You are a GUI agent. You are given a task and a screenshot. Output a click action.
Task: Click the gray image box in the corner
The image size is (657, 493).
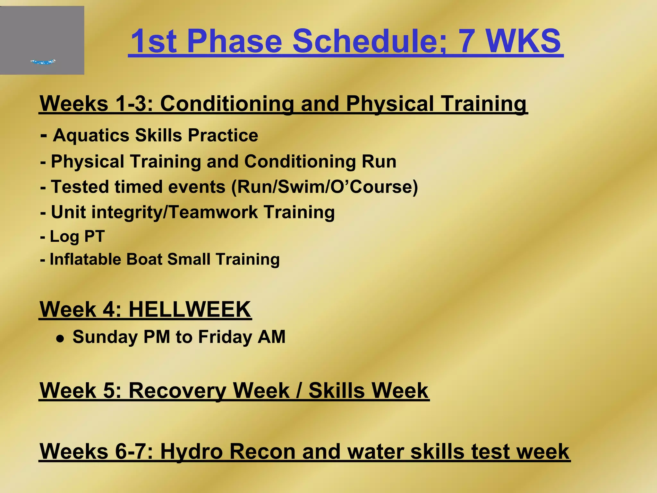[x=42, y=40]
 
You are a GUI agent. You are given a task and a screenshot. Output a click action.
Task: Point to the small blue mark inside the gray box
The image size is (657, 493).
[x=43, y=62]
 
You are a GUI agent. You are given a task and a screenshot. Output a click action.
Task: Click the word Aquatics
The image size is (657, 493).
[x=91, y=135]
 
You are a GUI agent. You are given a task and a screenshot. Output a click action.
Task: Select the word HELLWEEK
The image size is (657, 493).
[x=190, y=309]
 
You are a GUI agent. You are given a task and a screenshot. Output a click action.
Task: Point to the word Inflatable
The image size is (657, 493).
[x=85, y=259]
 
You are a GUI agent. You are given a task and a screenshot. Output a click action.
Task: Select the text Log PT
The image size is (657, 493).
[x=77, y=237]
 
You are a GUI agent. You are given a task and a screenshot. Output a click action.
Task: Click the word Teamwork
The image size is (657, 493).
[x=213, y=212]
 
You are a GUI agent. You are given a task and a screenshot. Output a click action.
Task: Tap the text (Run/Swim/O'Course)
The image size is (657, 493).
[x=325, y=187]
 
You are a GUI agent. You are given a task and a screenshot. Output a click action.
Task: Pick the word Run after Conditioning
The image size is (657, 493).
[x=379, y=161]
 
